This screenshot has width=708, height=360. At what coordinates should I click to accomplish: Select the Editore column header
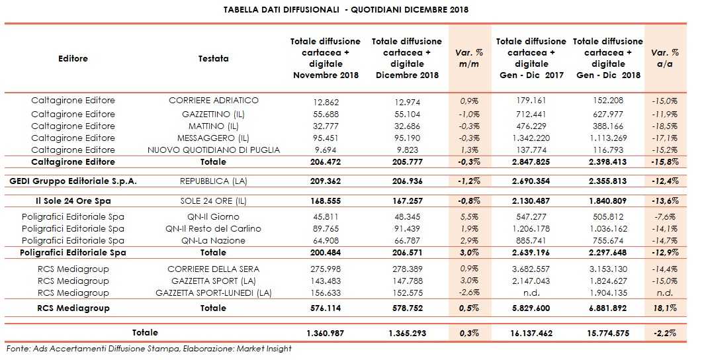click(73, 58)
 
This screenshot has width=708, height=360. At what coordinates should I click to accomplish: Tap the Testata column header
click(213, 58)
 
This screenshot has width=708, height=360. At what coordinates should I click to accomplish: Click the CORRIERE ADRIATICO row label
click(213, 101)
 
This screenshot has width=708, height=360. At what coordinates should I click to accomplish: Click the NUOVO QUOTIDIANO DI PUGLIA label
click(213, 150)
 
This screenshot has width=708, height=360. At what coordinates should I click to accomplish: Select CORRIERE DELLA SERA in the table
click(213, 269)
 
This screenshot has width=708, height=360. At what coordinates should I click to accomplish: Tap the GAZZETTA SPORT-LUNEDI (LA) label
click(213, 292)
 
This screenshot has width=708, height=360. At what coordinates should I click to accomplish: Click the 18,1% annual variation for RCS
click(664, 308)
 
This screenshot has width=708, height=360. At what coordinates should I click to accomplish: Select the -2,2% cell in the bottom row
click(664, 332)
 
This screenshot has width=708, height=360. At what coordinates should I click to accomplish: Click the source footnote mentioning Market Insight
click(149, 349)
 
